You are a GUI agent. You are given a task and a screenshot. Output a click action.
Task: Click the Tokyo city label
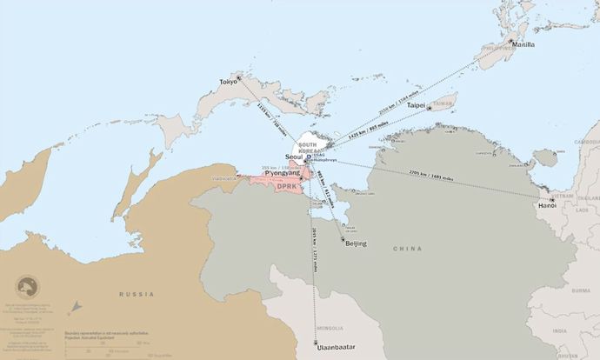pyautogui.click(x=228, y=82)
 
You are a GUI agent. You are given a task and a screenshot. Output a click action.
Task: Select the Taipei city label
pyautogui.click(x=416, y=105)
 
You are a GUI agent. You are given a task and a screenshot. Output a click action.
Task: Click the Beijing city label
pyautogui.click(x=356, y=243)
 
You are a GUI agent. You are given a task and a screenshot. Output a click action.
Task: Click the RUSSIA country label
pyautogui.click(x=137, y=295)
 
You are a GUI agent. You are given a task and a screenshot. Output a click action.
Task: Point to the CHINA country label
pyautogui.click(x=407, y=248)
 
